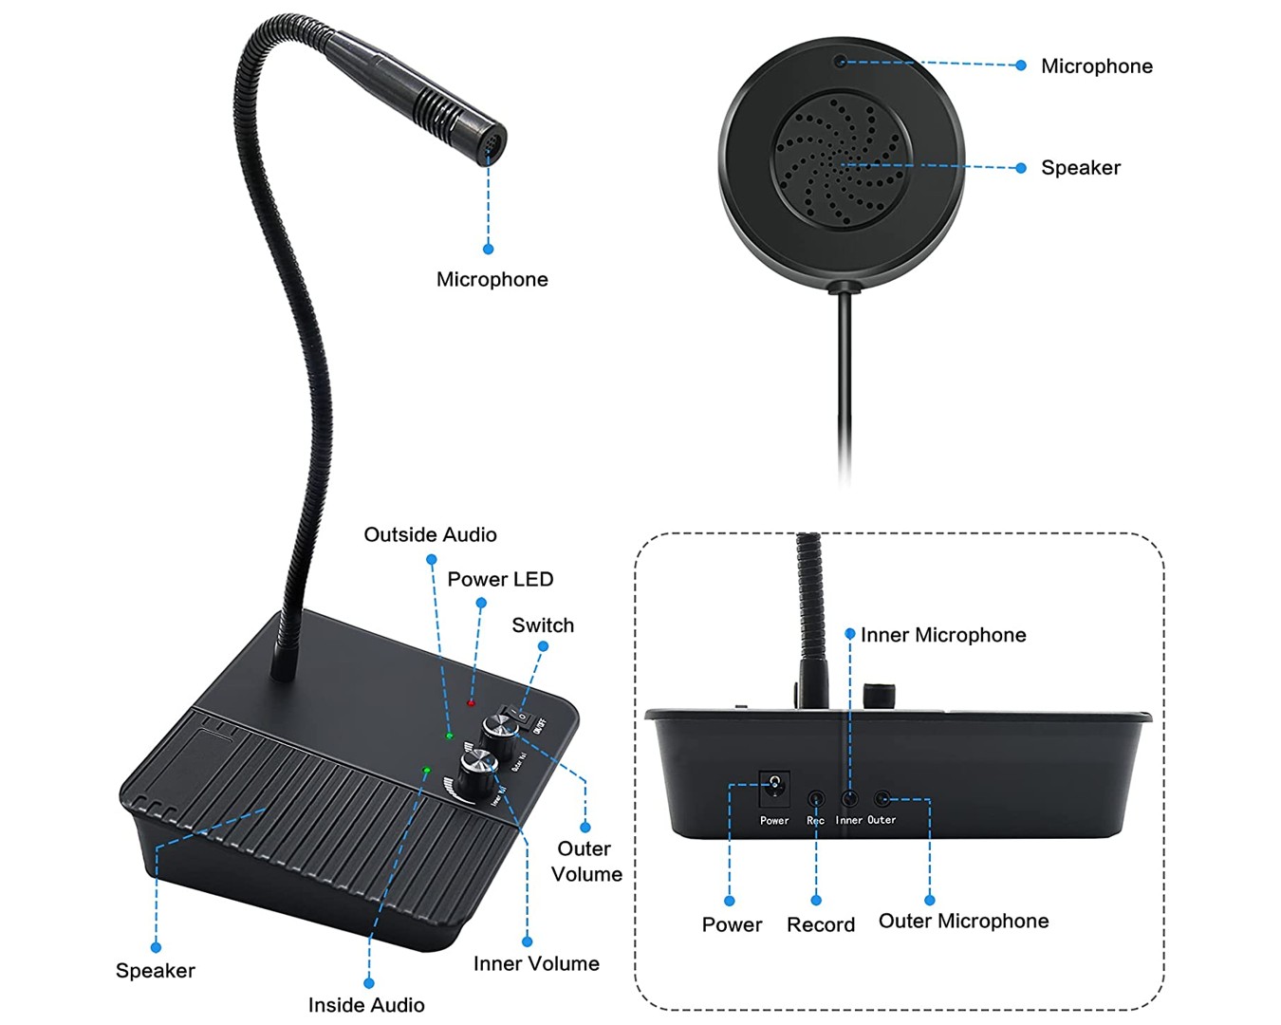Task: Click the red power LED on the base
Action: tap(471, 702)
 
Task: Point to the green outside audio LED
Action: tap(450, 736)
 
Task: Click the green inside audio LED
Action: tap(426, 770)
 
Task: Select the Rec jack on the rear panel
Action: tap(815, 799)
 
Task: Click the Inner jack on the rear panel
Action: tap(849, 799)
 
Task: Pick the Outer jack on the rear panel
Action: tap(882, 799)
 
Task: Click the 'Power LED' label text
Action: tap(500, 579)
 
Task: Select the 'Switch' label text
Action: tap(543, 625)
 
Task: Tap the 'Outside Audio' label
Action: tap(430, 534)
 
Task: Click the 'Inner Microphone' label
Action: tap(943, 635)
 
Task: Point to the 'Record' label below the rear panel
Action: tap(821, 924)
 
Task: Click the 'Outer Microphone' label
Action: tap(963, 921)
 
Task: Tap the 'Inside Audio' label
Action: tap(366, 1004)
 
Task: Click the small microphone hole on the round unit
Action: tap(839, 63)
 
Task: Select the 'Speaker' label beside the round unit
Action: tap(1081, 168)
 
